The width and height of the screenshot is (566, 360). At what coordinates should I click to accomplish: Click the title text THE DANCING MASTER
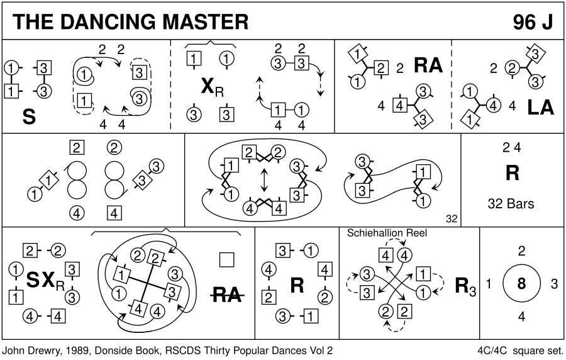pyautogui.click(x=130, y=21)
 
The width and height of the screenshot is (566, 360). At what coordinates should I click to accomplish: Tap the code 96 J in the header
pyautogui.click(x=532, y=21)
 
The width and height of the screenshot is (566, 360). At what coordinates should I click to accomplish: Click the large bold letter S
pyautogui.click(x=28, y=116)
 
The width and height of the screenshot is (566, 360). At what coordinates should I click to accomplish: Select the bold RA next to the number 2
pyautogui.click(x=428, y=66)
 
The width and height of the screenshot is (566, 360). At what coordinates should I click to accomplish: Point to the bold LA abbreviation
pyautogui.click(x=541, y=107)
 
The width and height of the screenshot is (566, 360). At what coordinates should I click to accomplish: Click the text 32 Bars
pyautogui.click(x=511, y=203)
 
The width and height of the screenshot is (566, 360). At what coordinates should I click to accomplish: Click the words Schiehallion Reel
pyautogui.click(x=387, y=233)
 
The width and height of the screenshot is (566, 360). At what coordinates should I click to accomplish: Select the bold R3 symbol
pyautogui.click(x=465, y=286)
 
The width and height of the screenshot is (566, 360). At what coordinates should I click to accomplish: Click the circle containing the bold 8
pyautogui.click(x=521, y=284)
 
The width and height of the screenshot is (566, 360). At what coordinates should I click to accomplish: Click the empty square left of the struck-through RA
pyautogui.click(x=227, y=259)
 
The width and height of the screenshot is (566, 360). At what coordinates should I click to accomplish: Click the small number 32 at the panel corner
pyautogui.click(x=451, y=219)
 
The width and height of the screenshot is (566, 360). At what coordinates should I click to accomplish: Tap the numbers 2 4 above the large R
pyautogui.click(x=512, y=149)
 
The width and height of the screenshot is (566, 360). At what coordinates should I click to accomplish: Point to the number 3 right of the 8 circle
pyautogui.click(x=554, y=284)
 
